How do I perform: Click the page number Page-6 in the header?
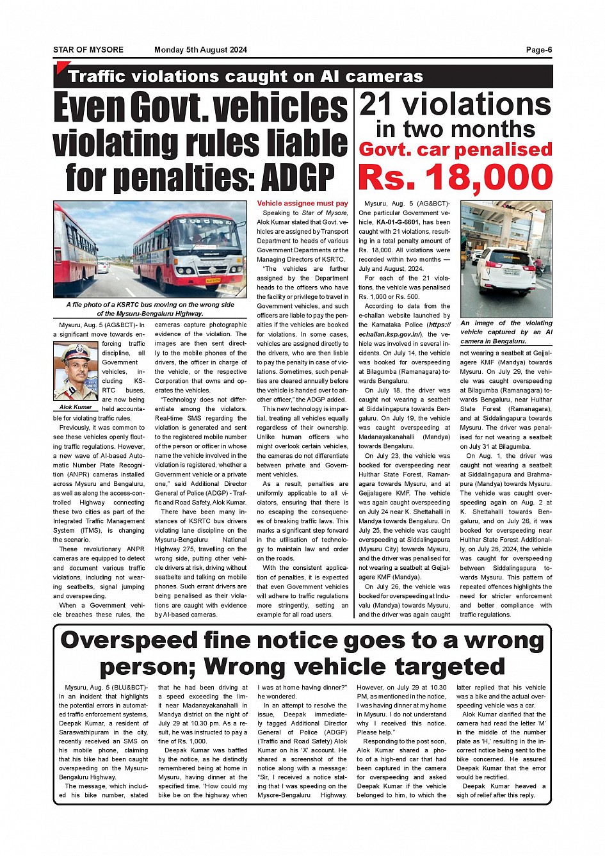pos(538,50)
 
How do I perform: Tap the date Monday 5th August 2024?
pos(200,50)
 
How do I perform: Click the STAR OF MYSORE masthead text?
pos(88,50)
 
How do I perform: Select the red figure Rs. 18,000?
pos(455,177)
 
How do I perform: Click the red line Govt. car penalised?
pos(455,150)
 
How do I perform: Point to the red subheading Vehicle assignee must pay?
pos(302,204)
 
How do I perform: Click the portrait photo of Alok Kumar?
pos(76,372)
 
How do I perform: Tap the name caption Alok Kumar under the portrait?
pos(76,407)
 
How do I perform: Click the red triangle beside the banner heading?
pos(62,67)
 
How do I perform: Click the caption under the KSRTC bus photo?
pos(150,309)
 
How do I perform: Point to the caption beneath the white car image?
pos(506,332)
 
